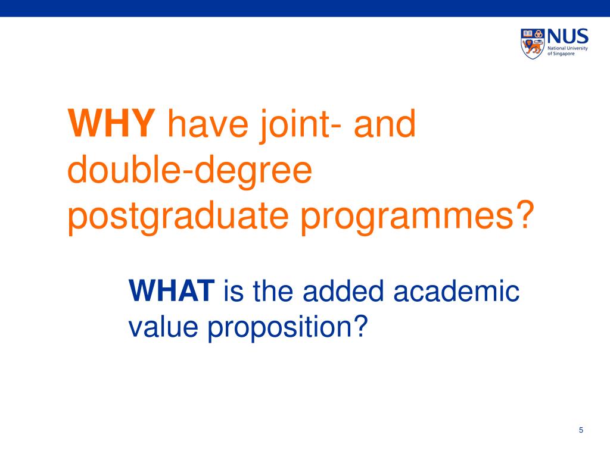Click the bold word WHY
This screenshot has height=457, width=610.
coord(111,124)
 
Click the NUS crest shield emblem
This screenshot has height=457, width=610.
coord(533,42)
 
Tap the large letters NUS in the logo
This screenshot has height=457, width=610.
coord(568,35)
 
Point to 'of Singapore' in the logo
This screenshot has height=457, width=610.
coord(562,53)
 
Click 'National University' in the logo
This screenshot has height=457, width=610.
coord(568,47)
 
